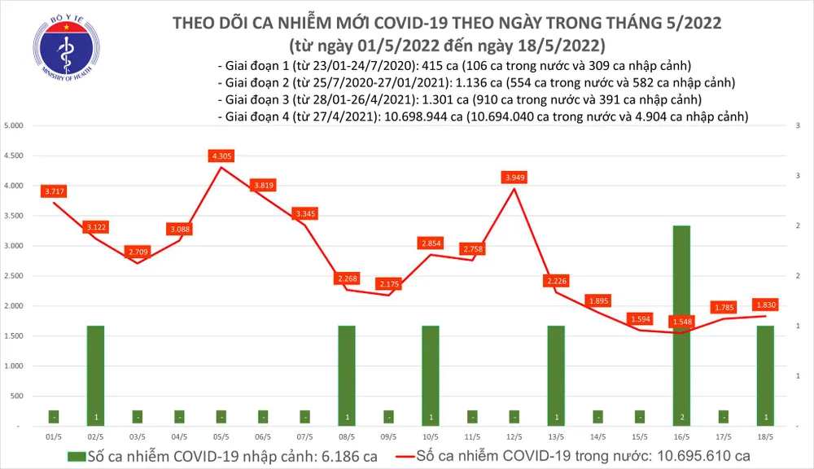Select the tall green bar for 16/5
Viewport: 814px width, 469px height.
point(681,326)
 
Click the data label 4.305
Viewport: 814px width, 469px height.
point(221,156)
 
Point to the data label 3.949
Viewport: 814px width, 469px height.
point(513,177)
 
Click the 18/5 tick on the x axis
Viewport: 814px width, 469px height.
point(765,436)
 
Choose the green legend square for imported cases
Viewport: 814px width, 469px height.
point(76,455)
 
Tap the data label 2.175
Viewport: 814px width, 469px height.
point(387,283)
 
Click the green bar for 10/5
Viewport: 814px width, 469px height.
point(430,375)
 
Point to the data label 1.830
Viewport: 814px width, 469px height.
point(765,305)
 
